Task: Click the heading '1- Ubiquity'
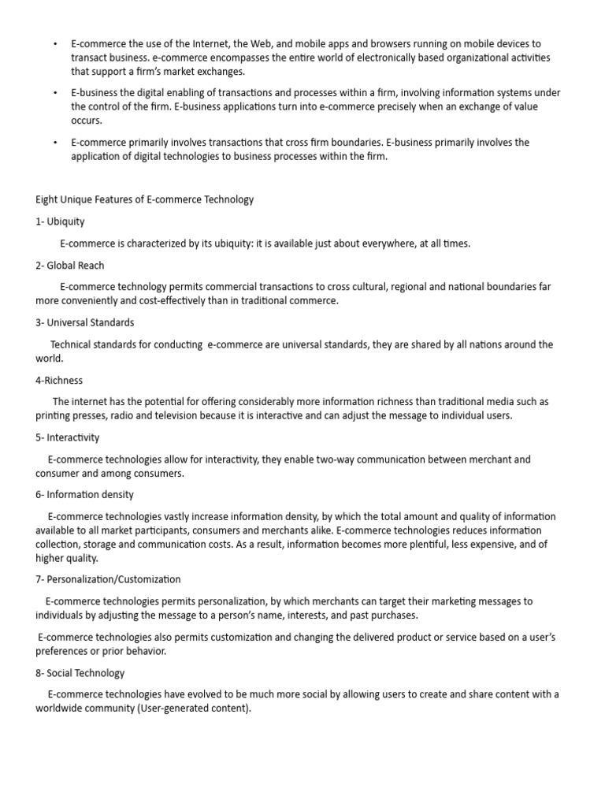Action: pos(60,221)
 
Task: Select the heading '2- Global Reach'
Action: pos(69,266)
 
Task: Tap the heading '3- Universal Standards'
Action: pos(84,322)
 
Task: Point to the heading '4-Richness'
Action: pos(59,380)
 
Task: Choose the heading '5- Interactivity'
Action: pos(68,437)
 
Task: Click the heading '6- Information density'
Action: pos(84,494)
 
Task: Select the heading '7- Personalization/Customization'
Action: pos(108,579)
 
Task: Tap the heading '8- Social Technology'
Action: pos(80,673)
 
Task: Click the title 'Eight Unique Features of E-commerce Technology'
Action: pos(145,199)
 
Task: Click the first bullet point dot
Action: pos(55,44)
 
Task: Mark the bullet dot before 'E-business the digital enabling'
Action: pos(55,93)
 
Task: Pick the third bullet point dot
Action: pos(55,143)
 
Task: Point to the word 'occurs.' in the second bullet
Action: pos(87,121)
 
